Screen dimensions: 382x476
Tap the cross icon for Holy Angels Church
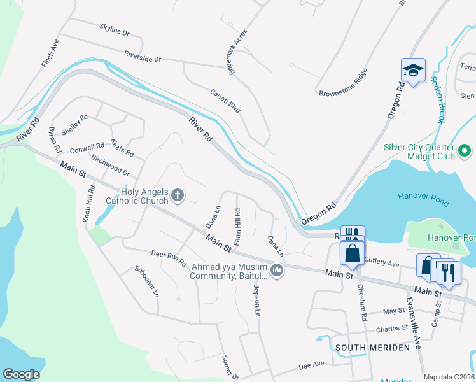point(178,195)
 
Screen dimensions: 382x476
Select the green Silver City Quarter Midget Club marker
point(465,151)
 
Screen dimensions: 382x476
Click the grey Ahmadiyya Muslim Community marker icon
point(276,271)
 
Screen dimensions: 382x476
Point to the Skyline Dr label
point(115,30)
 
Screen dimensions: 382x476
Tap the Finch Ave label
point(53,45)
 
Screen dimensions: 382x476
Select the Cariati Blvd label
point(225,101)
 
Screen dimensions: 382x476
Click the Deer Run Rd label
point(168,258)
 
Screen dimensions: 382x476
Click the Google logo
point(21,374)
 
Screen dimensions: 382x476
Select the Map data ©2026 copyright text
point(448,377)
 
